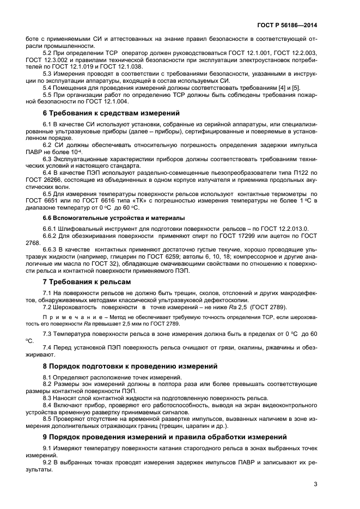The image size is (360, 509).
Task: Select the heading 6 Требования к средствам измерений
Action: point(111,114)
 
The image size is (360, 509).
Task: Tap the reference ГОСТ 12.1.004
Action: point(107,101)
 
